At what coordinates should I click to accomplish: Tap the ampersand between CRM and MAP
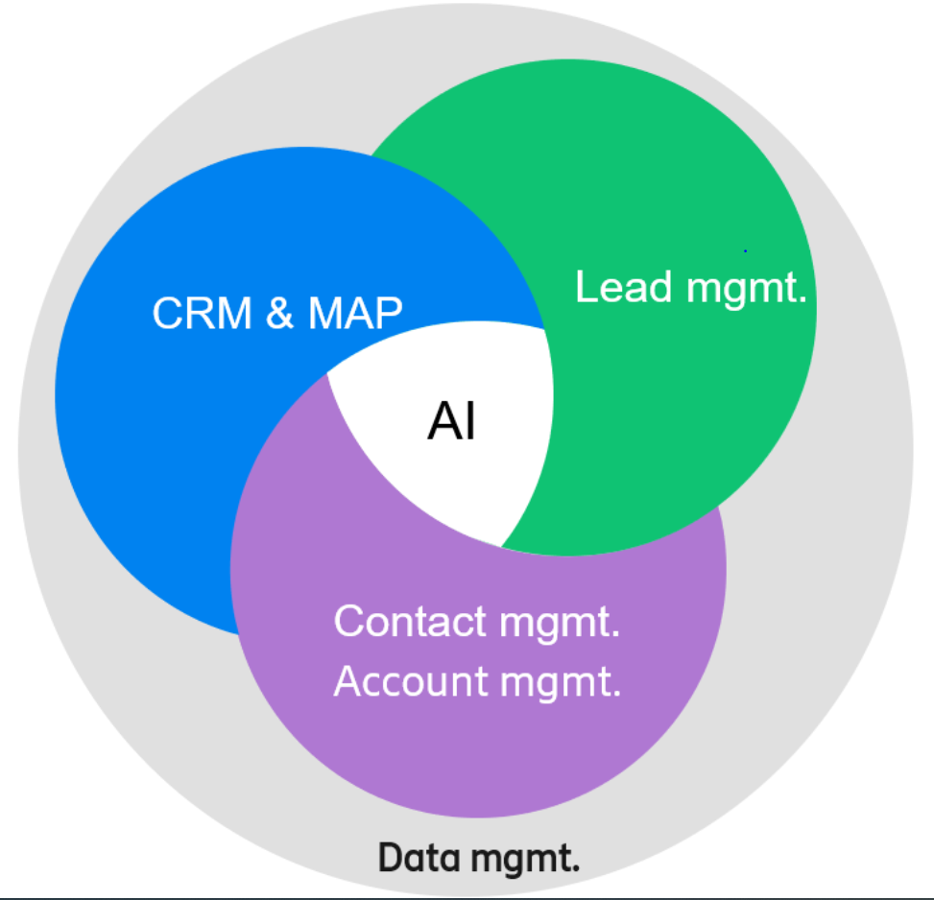279,314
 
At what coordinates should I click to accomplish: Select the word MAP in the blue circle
354,314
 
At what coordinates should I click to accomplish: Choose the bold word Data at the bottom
416,857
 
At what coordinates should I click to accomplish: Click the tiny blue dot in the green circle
745,250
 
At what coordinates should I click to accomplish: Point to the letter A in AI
443,422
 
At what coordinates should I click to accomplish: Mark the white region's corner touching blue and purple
327,373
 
